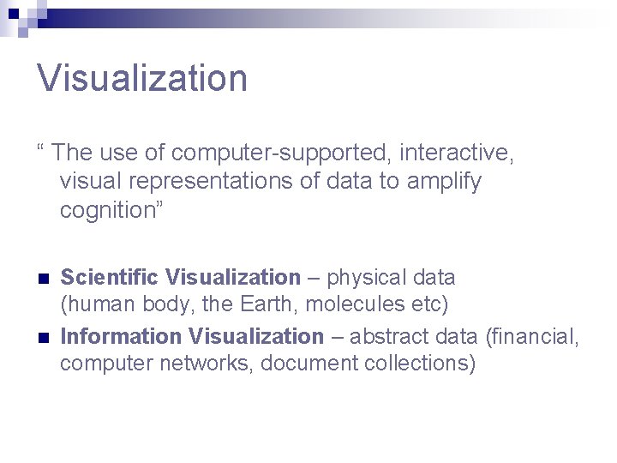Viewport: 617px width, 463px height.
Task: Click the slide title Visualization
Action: (142, 78)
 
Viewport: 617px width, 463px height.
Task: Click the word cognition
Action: (104, 210)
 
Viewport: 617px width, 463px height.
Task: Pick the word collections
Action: (419, 363)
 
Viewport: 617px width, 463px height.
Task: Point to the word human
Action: (96, 304)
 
